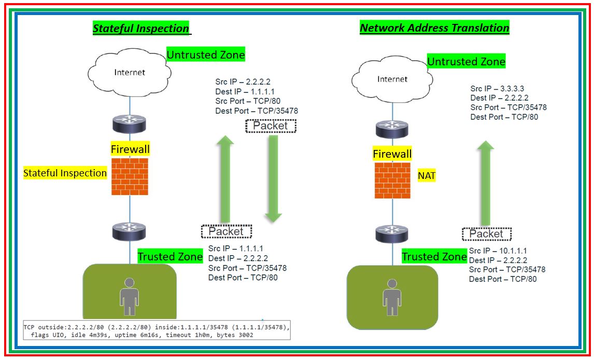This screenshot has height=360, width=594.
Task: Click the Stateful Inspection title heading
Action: click(x=141, y=29)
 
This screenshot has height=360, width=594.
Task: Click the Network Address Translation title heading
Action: click(x=434, y=28)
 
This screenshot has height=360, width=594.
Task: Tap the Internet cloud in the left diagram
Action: click(x=130, y=73)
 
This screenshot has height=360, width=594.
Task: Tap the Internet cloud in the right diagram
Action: click(x=392, y=79)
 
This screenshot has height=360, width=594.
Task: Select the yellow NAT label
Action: click(x=427, y=176)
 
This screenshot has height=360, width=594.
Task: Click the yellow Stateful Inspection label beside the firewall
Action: click(x=65, y=173)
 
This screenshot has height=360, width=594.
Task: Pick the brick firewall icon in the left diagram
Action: click(x=130, y=176)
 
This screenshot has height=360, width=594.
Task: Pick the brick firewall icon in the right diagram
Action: click(x=392, y=181)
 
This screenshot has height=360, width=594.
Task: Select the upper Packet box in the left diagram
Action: click(x=271, y=126)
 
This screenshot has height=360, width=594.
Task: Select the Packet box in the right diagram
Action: click(x=486, y=234)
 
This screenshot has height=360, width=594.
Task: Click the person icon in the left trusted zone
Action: click(x=130, y=296)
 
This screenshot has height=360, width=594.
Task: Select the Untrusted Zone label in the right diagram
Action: click(x=466, y=62)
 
